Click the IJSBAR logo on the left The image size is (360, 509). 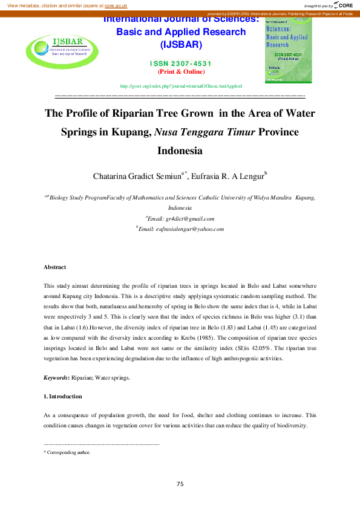point(55,47)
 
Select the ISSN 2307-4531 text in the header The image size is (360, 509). point(181,63)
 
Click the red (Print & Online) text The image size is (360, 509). point(181,72)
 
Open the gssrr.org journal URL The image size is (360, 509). point(181,86)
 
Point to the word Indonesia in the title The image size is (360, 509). point(180,150)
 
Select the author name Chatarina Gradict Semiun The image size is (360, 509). point(137,177)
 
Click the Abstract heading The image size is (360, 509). point(54,267)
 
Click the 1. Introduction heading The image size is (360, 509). point(63,397)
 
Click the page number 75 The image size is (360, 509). point(180,484)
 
